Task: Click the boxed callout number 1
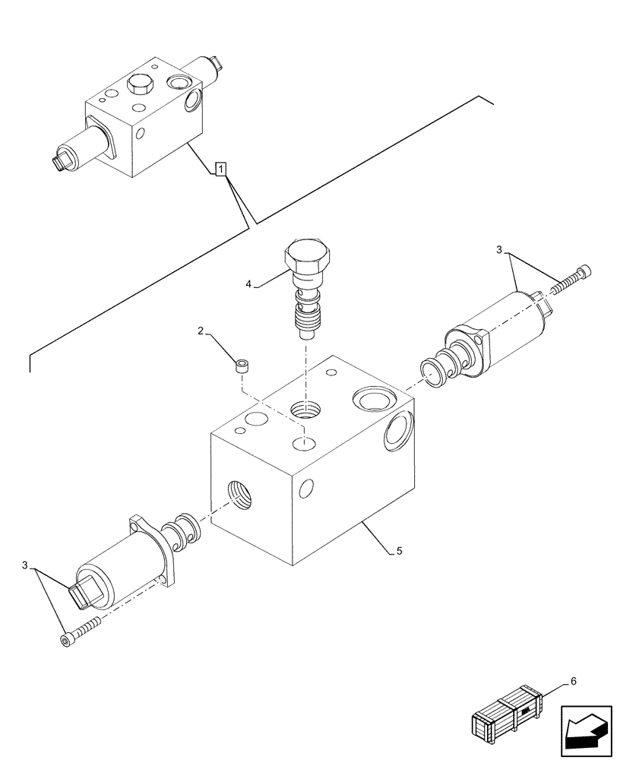click(220, 169)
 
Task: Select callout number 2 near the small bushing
click(201, 331)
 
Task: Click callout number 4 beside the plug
click(248, 285)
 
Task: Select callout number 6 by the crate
click(573, 681)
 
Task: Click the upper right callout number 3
click(498, 249)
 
